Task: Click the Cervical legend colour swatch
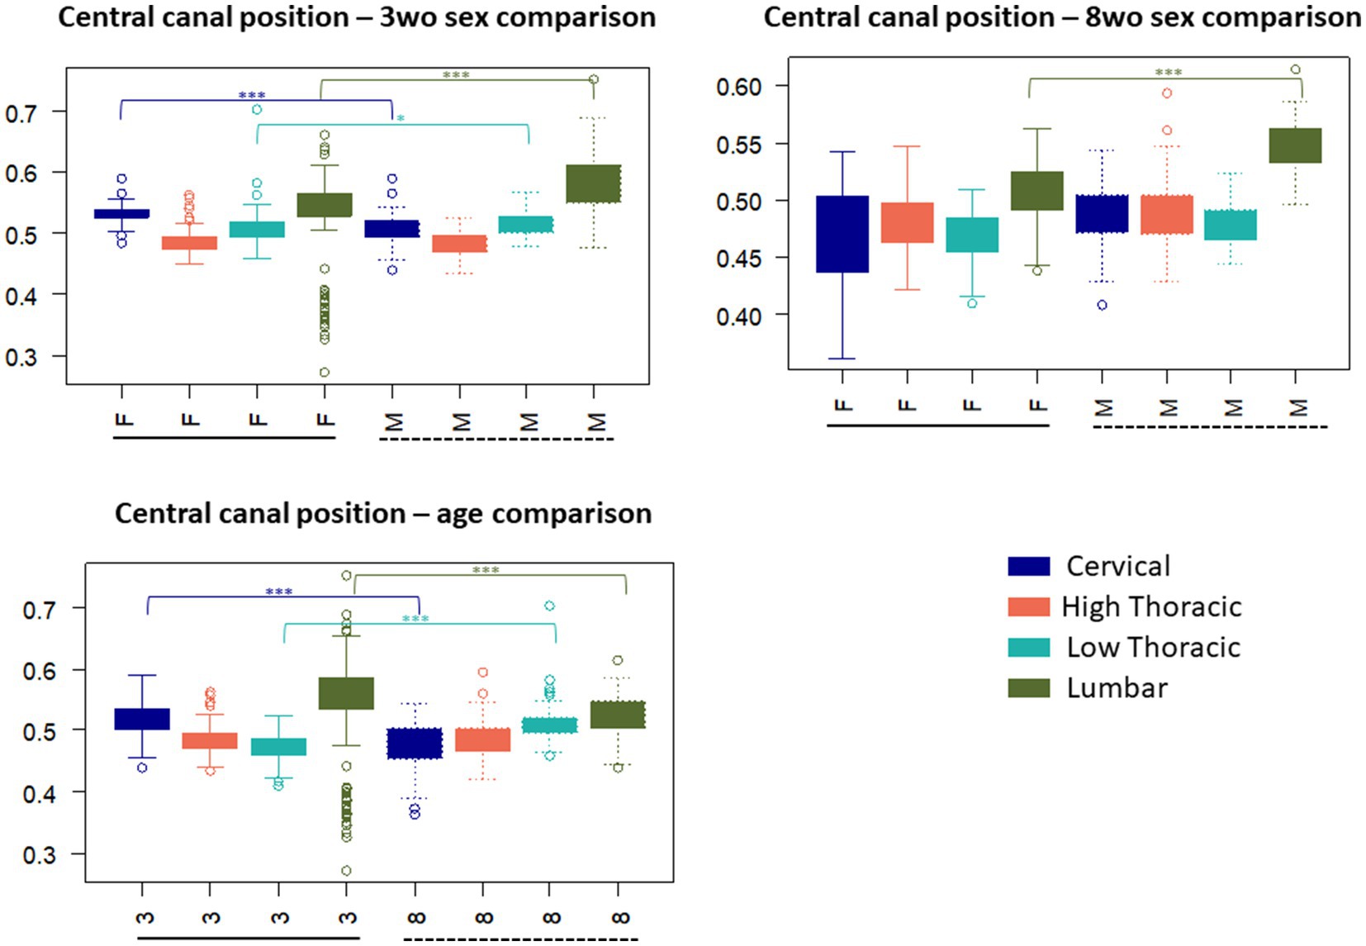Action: point(1028,566)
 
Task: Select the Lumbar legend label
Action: point(1117,688)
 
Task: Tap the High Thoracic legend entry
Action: point(1151,607)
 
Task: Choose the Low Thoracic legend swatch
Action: point(1028,648)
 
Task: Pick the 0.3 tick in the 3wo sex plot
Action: point(22,357)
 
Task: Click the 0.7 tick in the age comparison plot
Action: point(40,610)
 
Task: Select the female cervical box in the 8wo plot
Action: point(842,234)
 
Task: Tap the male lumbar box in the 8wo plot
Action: point(1295,145)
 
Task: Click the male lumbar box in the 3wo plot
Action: point(593,183)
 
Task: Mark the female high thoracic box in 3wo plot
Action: point(189,243)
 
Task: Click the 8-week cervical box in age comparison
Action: point(415,744)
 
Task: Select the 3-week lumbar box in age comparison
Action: point(346,693)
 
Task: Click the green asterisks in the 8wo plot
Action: point(1168,73)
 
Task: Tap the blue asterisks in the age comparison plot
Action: point(279,592)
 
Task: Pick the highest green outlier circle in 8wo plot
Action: point(1295,69)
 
